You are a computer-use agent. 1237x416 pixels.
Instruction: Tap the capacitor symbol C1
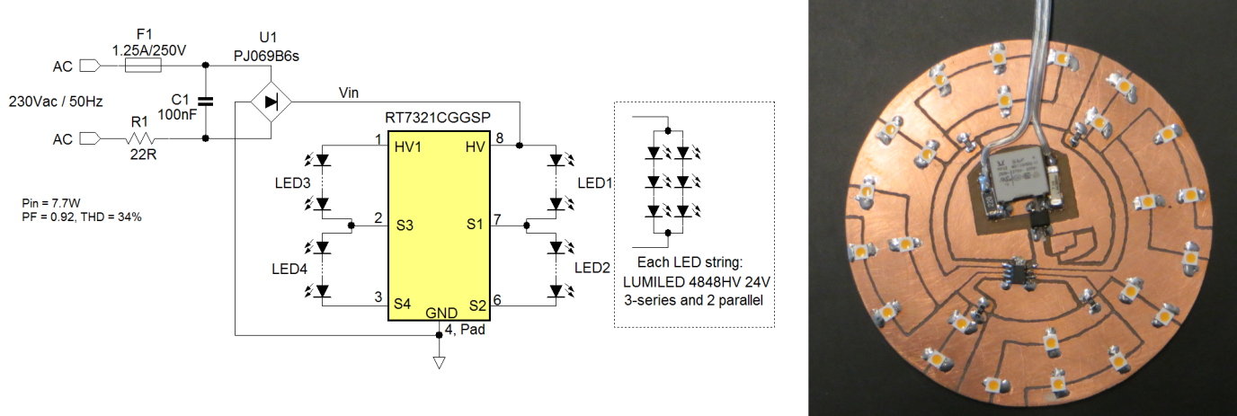(207, 102)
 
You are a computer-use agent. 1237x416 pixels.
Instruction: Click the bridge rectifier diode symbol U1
(271, 102)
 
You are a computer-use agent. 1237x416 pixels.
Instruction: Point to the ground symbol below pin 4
(439, 362)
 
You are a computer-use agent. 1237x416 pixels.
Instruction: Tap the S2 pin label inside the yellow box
(476, 306)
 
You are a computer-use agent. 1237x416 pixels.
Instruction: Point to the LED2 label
(593, 267)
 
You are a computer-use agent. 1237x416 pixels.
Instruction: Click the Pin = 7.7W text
(47, 204)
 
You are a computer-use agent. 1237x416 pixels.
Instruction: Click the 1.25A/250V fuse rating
(149, 49)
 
